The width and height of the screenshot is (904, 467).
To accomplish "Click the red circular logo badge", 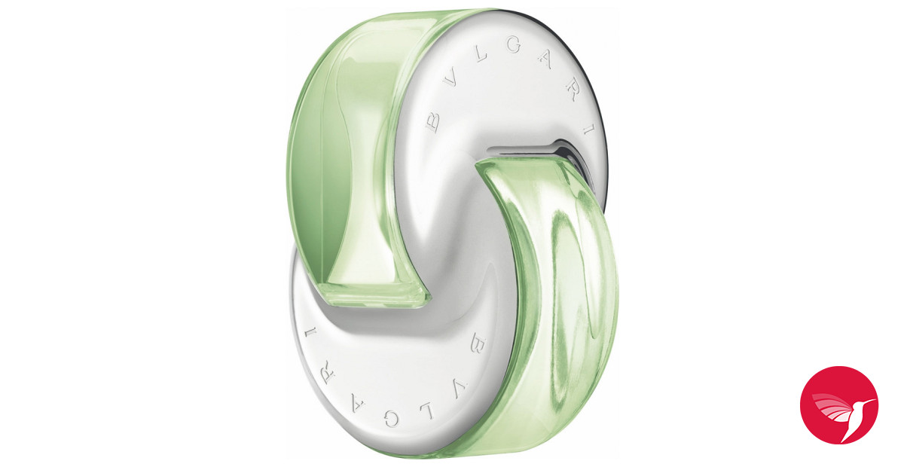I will click(x=838, y=404).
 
